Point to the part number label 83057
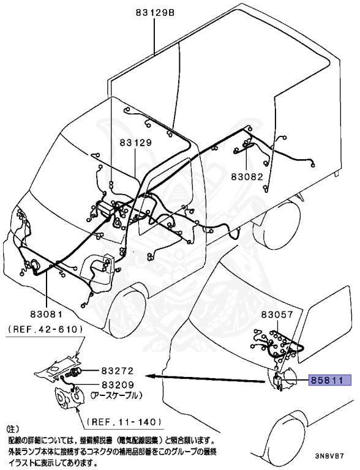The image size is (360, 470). click(277, 315)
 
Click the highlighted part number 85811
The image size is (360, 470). click(332, 380)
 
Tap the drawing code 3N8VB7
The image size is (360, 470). click(335, 457)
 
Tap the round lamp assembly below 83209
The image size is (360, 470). click(69, 401)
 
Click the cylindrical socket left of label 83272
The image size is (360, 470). click(77, 372)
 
